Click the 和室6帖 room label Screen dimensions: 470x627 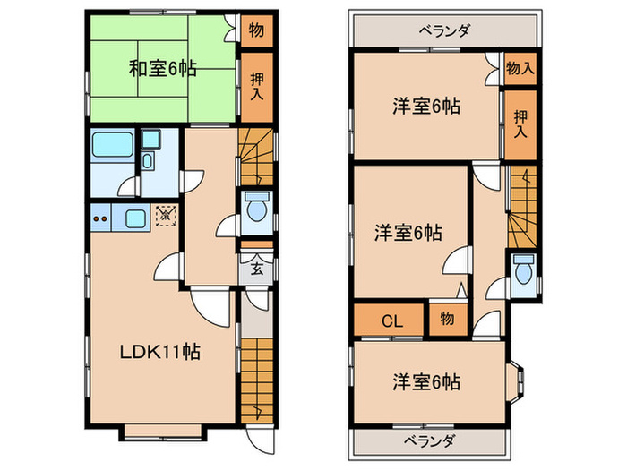[x=162, y=67]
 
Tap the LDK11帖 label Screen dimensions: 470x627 [x=160, y=352]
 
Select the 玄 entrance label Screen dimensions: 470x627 [x=255, y=267]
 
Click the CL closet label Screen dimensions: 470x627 [x=391, y=319]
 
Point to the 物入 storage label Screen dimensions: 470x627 [x=519, y=67]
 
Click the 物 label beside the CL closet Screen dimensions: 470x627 [x=445, y=319]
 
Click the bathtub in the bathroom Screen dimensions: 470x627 [x=112, y=145]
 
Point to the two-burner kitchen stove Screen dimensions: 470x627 [x=101, y=218]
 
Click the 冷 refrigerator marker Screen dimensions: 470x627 [x=165, y=215]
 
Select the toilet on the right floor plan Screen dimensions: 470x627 [x=524, y=269]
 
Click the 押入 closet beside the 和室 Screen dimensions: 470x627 [x=255, y=88]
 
